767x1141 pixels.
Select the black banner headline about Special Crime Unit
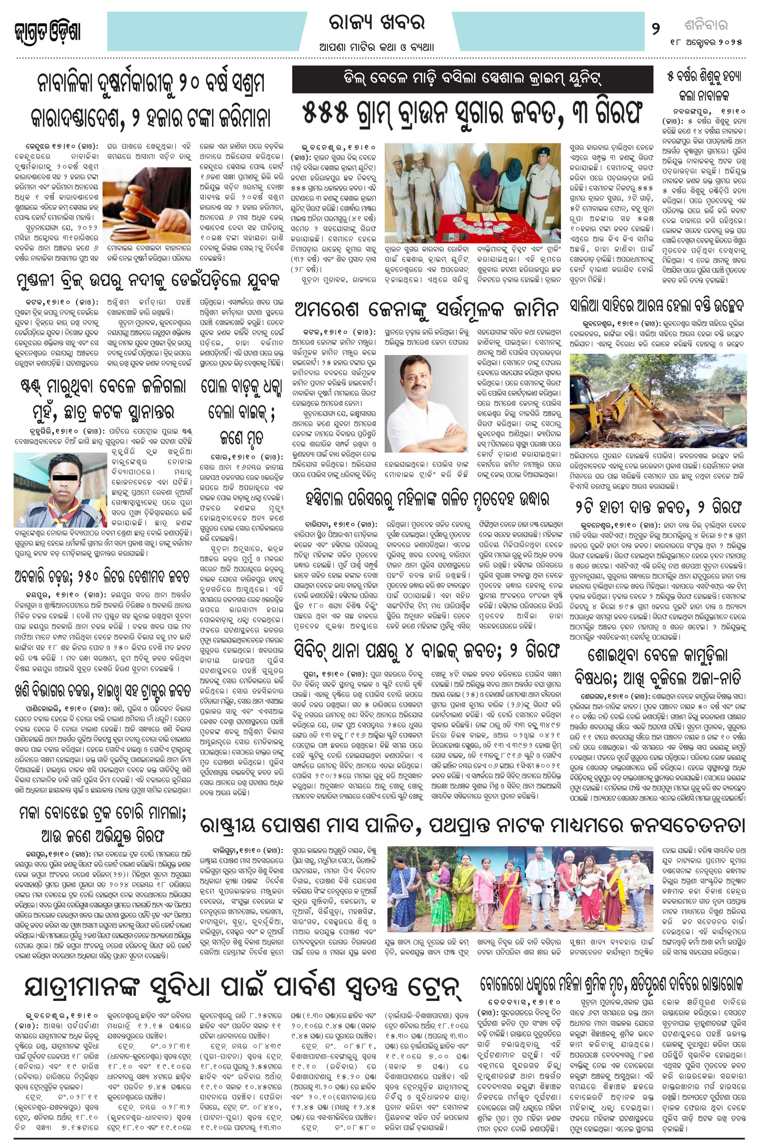pos(472,79)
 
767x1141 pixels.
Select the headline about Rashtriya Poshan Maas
pos(472,825)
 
